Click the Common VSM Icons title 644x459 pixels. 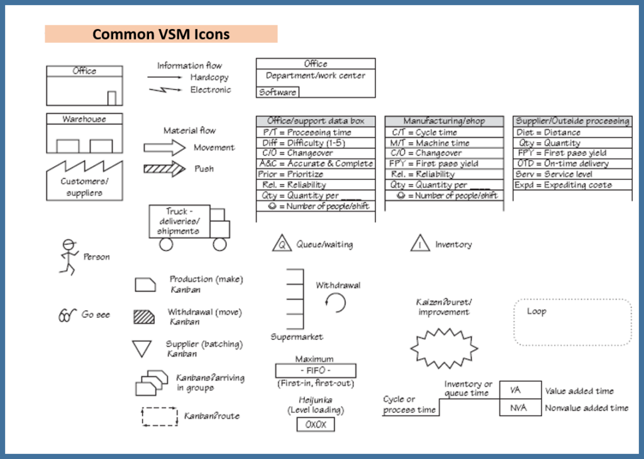161,34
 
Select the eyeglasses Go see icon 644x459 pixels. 67,315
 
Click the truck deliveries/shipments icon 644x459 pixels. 188,227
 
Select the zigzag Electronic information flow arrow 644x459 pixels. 165,90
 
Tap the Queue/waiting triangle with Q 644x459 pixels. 281,244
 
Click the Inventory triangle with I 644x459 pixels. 419,244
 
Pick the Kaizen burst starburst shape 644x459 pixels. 444,346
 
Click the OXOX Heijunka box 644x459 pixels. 316,424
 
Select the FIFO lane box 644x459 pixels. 316,371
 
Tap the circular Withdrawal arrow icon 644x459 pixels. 336,303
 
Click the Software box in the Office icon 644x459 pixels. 277,93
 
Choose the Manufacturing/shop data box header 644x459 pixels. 444,121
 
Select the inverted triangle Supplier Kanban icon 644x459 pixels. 143,349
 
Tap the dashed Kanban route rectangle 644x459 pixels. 160,416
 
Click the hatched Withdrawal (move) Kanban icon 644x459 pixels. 145,316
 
